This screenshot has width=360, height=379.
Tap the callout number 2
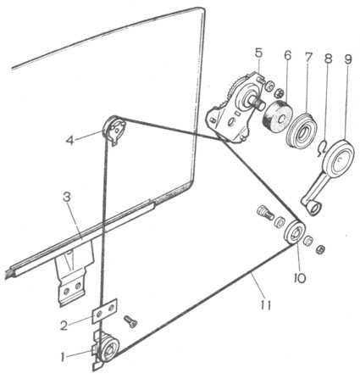tap(64, 326)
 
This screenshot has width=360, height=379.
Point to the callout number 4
tap(69, 140)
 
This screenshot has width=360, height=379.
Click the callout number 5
tap(258, 53)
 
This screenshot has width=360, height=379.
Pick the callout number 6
tap(287, 56)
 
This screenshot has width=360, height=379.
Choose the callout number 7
tap(307, 57)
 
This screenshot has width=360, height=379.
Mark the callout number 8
tap(328, 58)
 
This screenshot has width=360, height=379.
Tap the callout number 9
tap(347, 59)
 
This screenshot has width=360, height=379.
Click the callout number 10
tap(299, 278)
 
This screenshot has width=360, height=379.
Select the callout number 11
tap(266, 304)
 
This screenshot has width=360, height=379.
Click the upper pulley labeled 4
tap(114, 129)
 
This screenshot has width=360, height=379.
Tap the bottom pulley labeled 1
tap(108, 348)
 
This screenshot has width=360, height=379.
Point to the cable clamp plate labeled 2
tap(105, 309)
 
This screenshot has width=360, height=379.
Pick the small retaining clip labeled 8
tap(322, 148)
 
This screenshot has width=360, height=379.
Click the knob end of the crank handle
tap(314, 209)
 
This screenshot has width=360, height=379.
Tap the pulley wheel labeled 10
tap(295, 232)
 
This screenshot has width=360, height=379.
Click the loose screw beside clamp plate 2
tap(130, 321)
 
